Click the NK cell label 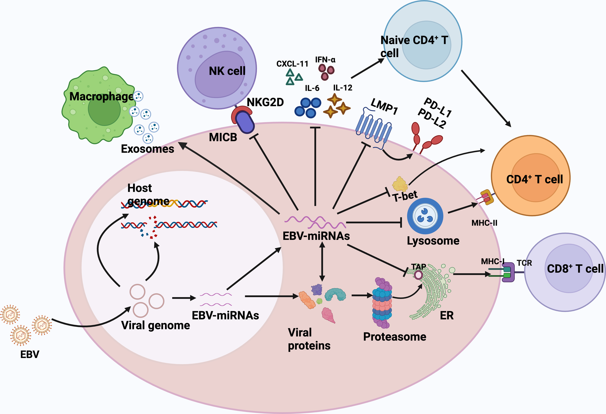(227, 71)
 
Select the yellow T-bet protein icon (400, 184)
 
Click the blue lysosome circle (425, 216)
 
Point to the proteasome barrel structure (382, 303)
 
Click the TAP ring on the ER (418, 275)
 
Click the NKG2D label (265, 102)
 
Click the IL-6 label (312, 88)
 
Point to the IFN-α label (325, 60)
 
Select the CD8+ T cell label (575, 269)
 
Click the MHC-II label (484, 223)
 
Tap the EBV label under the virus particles (30, 354)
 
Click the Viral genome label (155, 325)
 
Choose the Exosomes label (147, 149)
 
